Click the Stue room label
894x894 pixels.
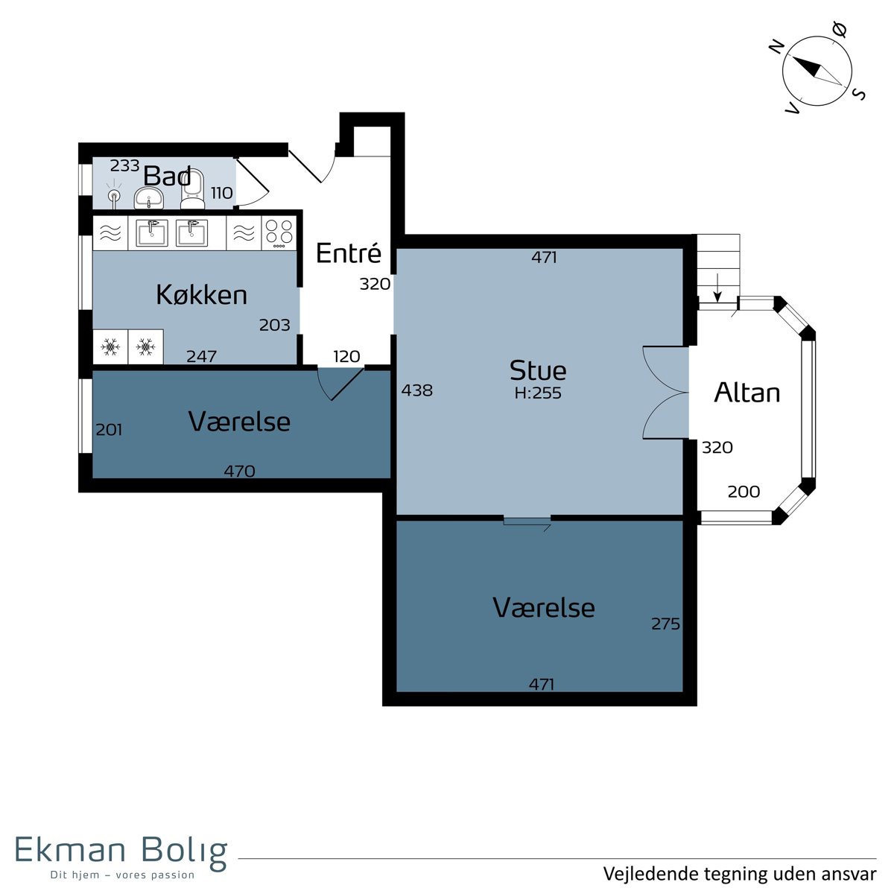tap(538, 371)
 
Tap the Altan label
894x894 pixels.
tap(746, 393)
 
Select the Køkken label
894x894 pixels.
tap(201, 294)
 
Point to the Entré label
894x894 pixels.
tap(349, 253)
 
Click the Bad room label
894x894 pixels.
tap(167, 176)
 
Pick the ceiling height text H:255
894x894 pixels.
tap(538, 393)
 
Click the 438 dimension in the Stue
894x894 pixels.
tap(417, 390)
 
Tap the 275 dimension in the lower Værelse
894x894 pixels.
tap(665, 624)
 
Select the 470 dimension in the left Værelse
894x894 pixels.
tap(239, 472)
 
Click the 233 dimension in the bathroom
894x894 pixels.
tap(125, 165)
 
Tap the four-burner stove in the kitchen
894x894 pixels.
tap(279, 233)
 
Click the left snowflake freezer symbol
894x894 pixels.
tap(110, 346)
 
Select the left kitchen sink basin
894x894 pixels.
tap(152, 233)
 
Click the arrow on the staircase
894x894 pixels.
tap(717, 288)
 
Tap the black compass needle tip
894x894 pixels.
tap(792, 56)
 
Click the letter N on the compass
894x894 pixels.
tap(776, 47)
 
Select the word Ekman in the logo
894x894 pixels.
tap(71, 849)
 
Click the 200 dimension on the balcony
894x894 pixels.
tap(744, 492)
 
